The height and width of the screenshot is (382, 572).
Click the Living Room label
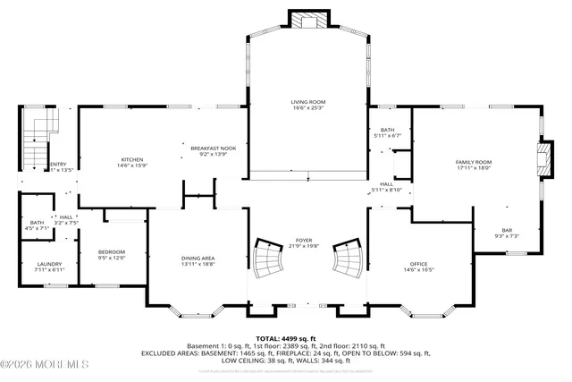click(x=307, y=102)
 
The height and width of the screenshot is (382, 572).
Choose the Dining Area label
click(x=198, y=258)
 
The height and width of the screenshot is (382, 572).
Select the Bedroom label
click(x=112, y=251)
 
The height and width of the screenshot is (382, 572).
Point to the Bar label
click(x=507, y=230)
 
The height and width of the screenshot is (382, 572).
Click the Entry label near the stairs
click(x=57, y=164)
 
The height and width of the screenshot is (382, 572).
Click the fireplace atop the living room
click(x=307, y=20)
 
